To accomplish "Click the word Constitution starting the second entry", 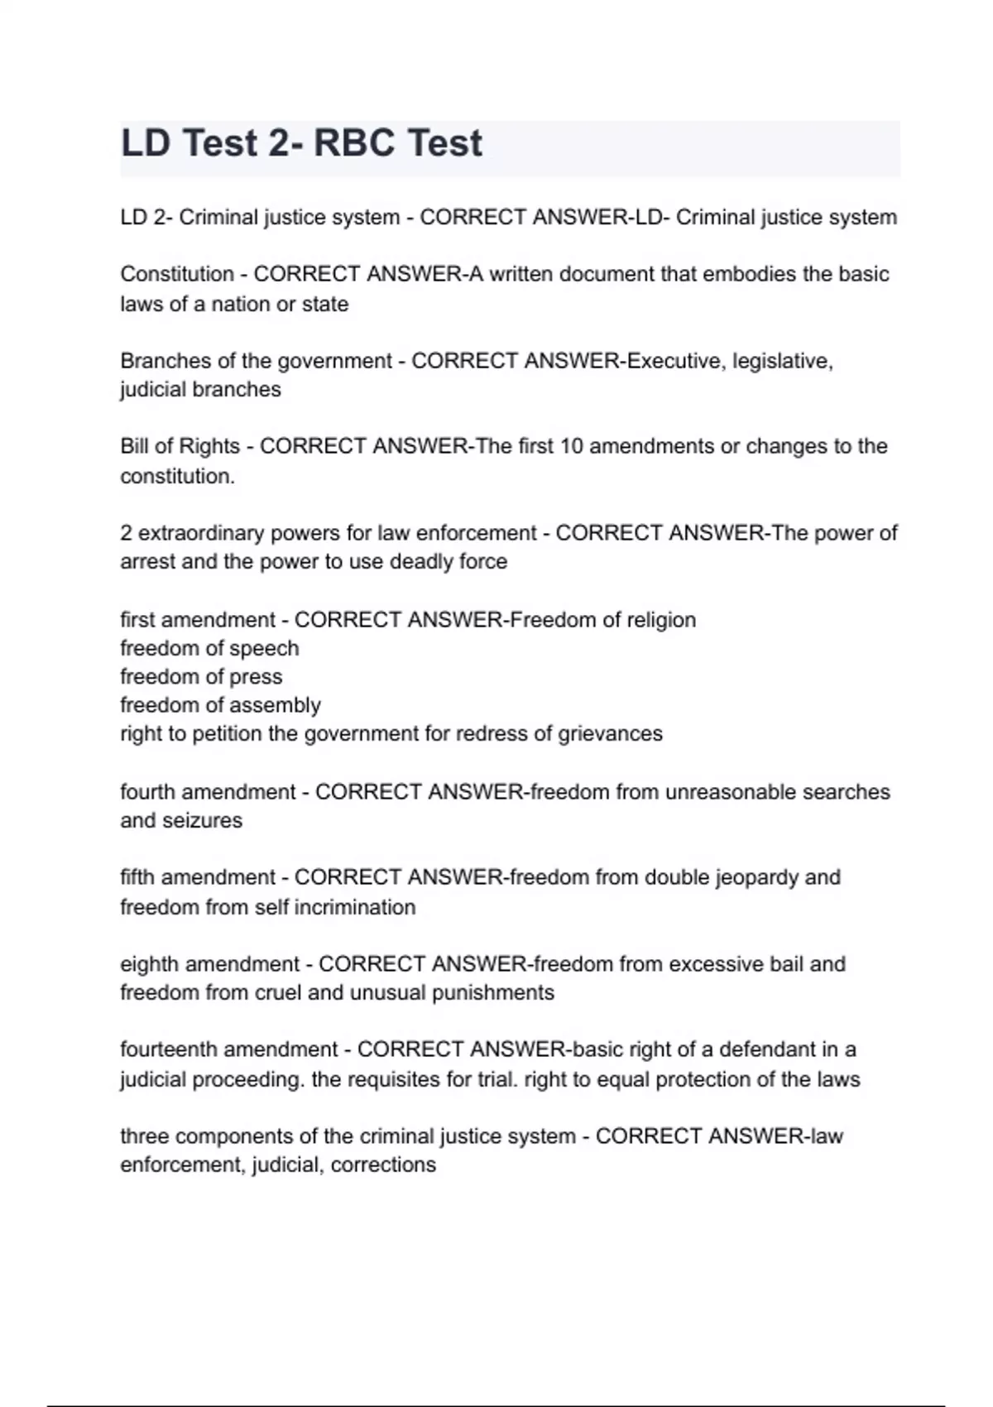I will point(177,274).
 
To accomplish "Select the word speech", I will point(263,648).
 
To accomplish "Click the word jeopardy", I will point(732,877).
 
